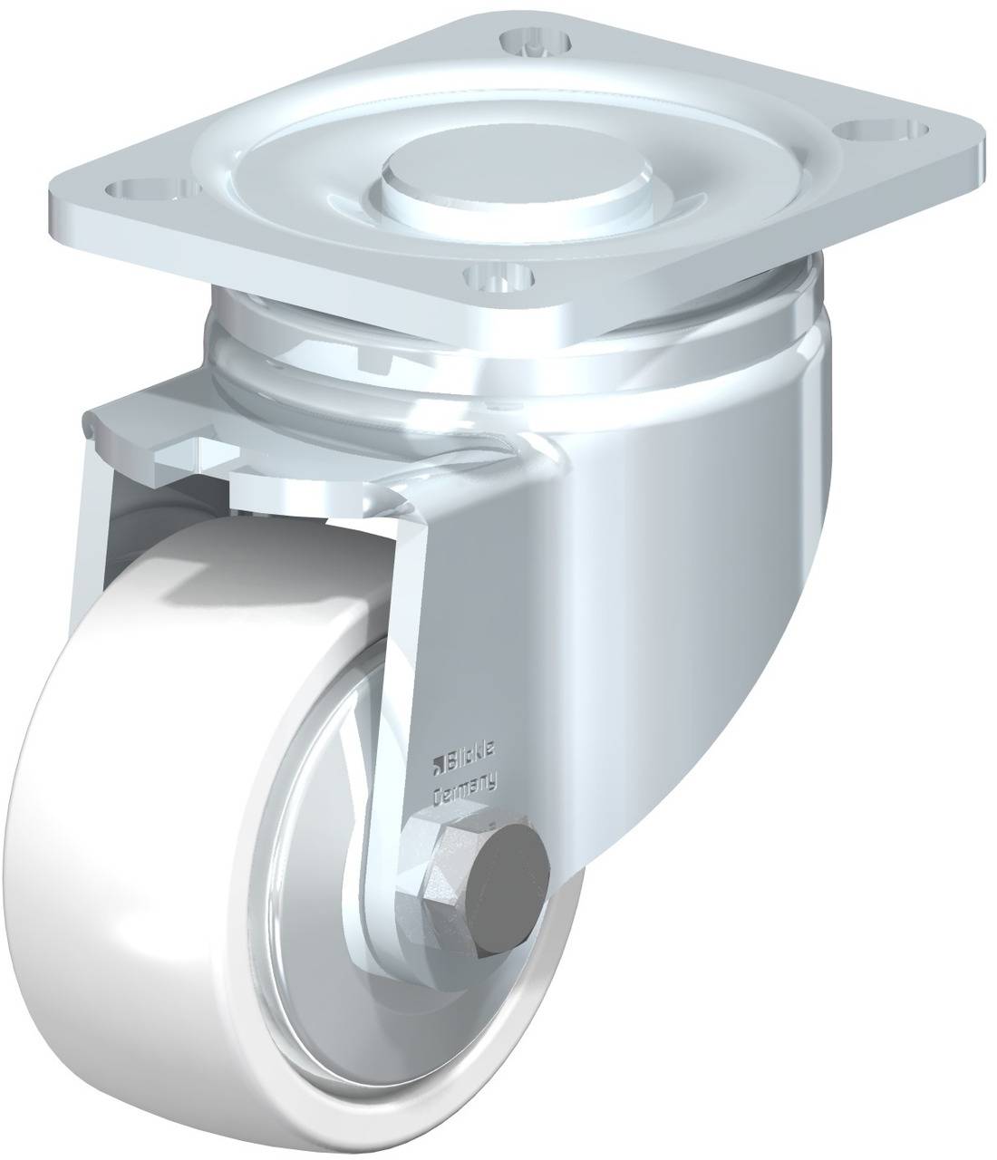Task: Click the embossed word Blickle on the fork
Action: pos(472,761)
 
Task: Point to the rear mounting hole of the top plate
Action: pos(536,42)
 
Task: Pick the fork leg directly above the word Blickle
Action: pos(453,634)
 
